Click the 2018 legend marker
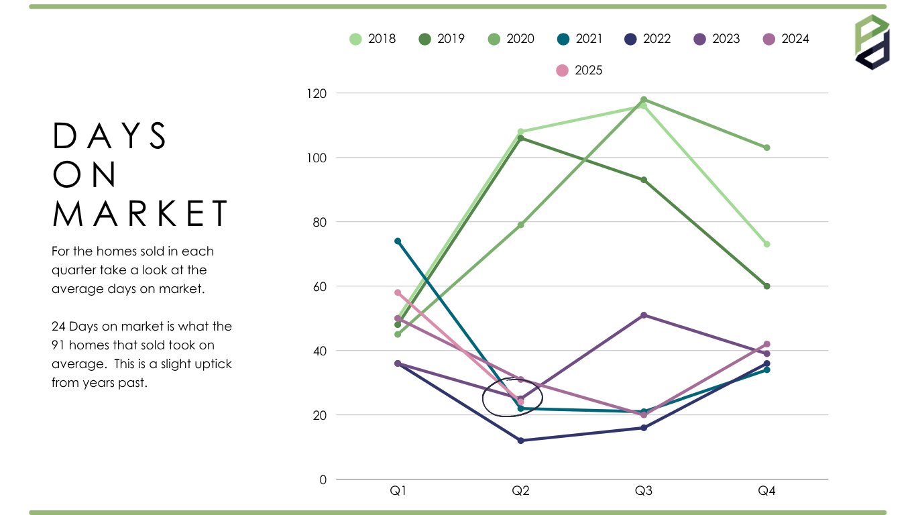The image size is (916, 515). click(356, 39)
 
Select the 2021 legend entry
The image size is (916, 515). click(580, 39)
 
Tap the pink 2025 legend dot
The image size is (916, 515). click(563, 70)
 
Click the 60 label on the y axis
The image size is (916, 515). click(320, 286)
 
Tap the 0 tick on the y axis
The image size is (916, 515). click(323, 479)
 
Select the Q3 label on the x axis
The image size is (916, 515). click(644, 491)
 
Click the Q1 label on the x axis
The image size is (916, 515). click(398, 491)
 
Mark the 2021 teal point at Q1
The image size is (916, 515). click(398, 241)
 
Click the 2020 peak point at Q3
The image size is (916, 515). click(644, 99)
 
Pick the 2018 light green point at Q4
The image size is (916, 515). click(766, 244)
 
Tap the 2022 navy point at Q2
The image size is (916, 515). click(521, 441)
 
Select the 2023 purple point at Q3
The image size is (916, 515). click(644, 315)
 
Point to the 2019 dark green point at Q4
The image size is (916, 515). click(766, 286)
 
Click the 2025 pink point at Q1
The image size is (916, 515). click(398, 292)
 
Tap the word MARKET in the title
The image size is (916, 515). click(141, 213)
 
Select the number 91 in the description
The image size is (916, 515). click(58, 345)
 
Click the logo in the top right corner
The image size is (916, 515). click(872, 42)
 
